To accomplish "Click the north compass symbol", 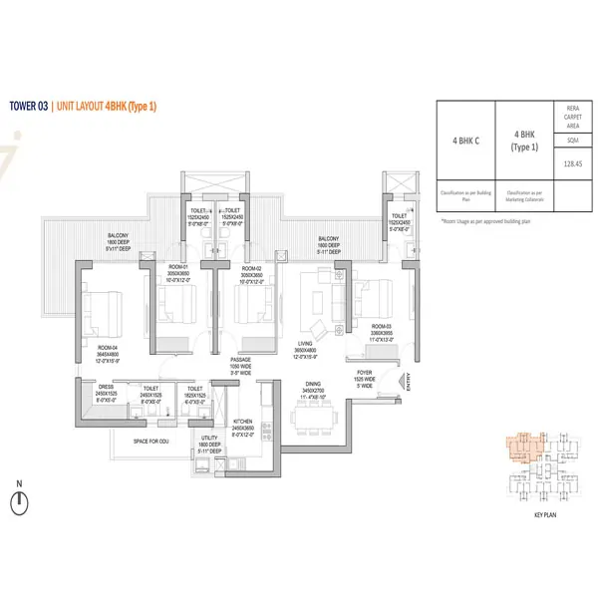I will (x=19, y=501).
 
